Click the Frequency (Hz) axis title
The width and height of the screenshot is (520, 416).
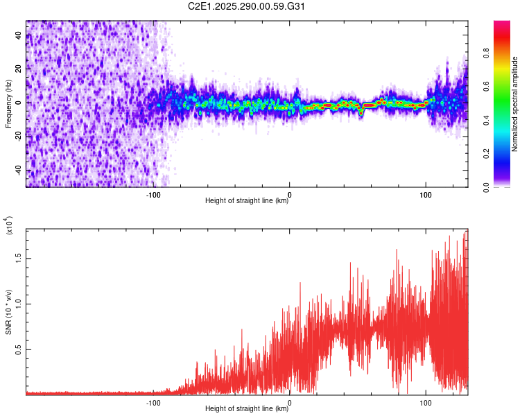pyautogui.click(x=8, y=104)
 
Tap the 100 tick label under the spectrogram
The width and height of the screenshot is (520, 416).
pyautogui.click(x=425, y=195)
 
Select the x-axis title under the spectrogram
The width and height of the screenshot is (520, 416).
pyautogui.click(x=247, y=202)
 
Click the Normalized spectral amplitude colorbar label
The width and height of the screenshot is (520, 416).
pyautogui.click(x=515, y=104)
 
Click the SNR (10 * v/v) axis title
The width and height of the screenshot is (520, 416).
pyautogui.click(x=8, y=312)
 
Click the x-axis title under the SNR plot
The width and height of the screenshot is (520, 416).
pyautogui.click(x=247, y=409)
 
